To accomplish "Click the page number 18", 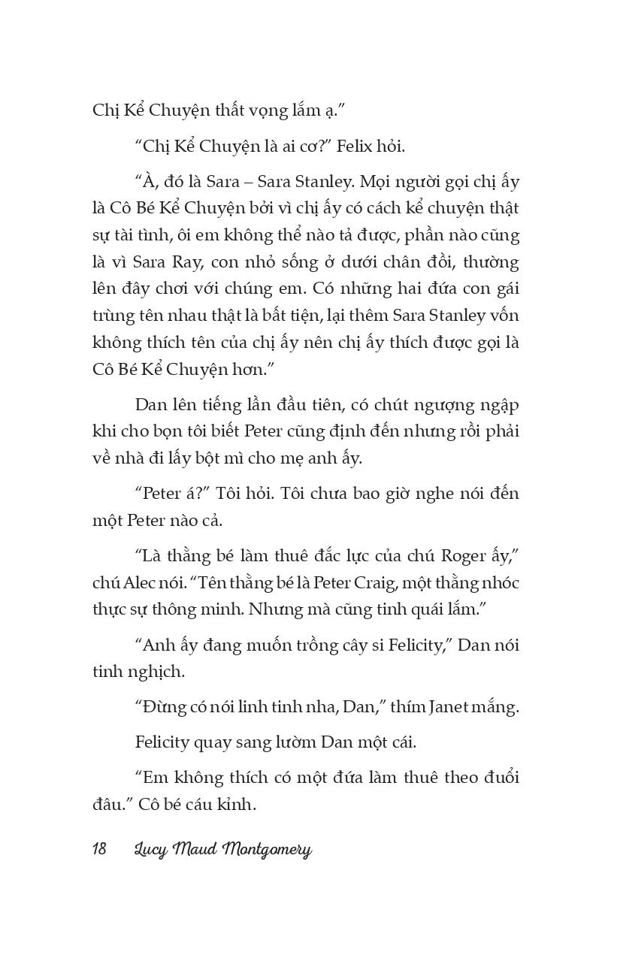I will [99, 850].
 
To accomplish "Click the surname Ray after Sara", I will [175, 263].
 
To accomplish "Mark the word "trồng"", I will [305, 645].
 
